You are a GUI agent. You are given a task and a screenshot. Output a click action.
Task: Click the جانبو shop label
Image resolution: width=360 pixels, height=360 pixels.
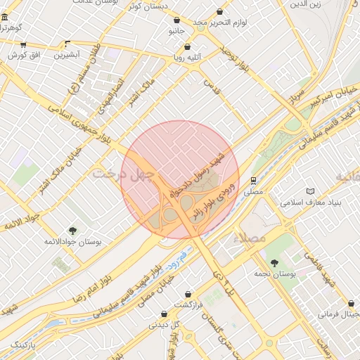click(175, 32)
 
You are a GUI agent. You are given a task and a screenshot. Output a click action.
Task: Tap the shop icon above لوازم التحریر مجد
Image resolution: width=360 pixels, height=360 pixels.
click(220, 12)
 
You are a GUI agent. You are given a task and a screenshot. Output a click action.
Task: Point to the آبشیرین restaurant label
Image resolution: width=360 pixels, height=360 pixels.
click(68, 54)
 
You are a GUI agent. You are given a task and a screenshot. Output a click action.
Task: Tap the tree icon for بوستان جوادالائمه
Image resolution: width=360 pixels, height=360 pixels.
click(73, 230)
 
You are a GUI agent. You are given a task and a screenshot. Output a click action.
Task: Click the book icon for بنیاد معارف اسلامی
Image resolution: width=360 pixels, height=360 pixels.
click(311, 191)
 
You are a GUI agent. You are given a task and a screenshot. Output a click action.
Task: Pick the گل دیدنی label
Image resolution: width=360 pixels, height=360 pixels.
click(164, 325)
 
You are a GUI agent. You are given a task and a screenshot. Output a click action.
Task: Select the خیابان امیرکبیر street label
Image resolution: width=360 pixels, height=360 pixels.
click(330, 96)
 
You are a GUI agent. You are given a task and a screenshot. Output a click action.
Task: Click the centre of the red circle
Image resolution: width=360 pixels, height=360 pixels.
click(180, 180)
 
